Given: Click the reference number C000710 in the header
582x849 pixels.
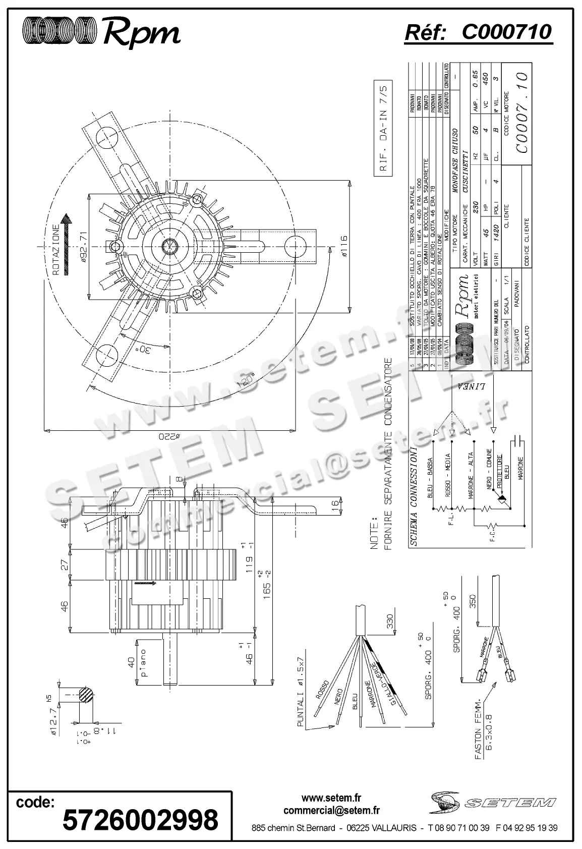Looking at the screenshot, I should [x=506, y=32].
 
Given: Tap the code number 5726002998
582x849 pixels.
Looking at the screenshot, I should [x=140, y=819].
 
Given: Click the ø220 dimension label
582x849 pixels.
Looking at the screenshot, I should [x=169, y=436].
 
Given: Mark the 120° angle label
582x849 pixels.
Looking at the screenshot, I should [x=248, y=379].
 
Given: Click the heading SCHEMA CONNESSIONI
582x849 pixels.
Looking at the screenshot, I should [x=413, y=496].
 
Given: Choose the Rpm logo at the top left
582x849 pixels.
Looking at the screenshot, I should [x=101, y=32].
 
